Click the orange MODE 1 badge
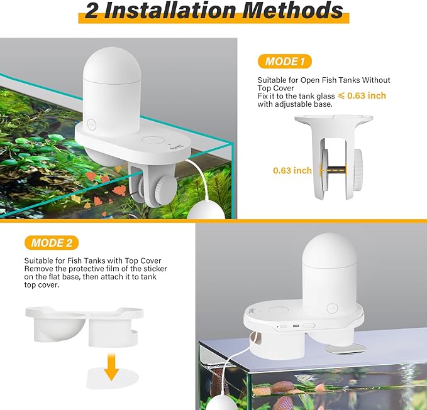[284, 62]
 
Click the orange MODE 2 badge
[52, 243]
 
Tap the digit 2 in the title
[92, 12]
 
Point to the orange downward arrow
[111, 366]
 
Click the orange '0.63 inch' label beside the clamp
[292, 170]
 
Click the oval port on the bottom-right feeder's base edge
[308, 326]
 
